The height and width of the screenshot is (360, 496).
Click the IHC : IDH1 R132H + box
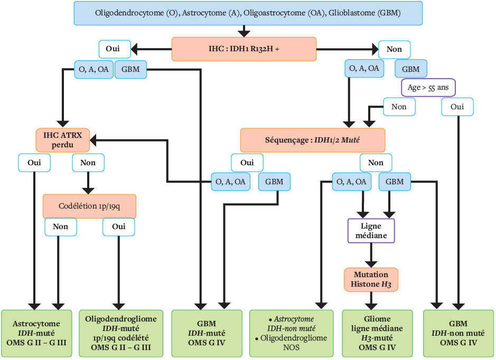tap(244, 49)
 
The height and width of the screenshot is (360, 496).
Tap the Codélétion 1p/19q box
tap(89, 206)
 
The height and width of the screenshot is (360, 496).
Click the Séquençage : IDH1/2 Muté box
tap(313, 140)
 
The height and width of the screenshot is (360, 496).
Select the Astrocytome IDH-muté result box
tap(36, 333)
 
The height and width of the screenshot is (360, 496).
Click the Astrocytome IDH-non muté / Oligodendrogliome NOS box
tap(291, 333)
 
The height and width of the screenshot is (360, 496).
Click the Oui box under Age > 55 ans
tap(457, 107)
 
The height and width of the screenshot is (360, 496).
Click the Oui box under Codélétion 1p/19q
tap(119, 227)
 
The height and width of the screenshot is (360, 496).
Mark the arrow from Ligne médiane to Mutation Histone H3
tap(372, 257)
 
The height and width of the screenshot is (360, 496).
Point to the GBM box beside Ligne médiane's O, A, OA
tap(395, 182)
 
